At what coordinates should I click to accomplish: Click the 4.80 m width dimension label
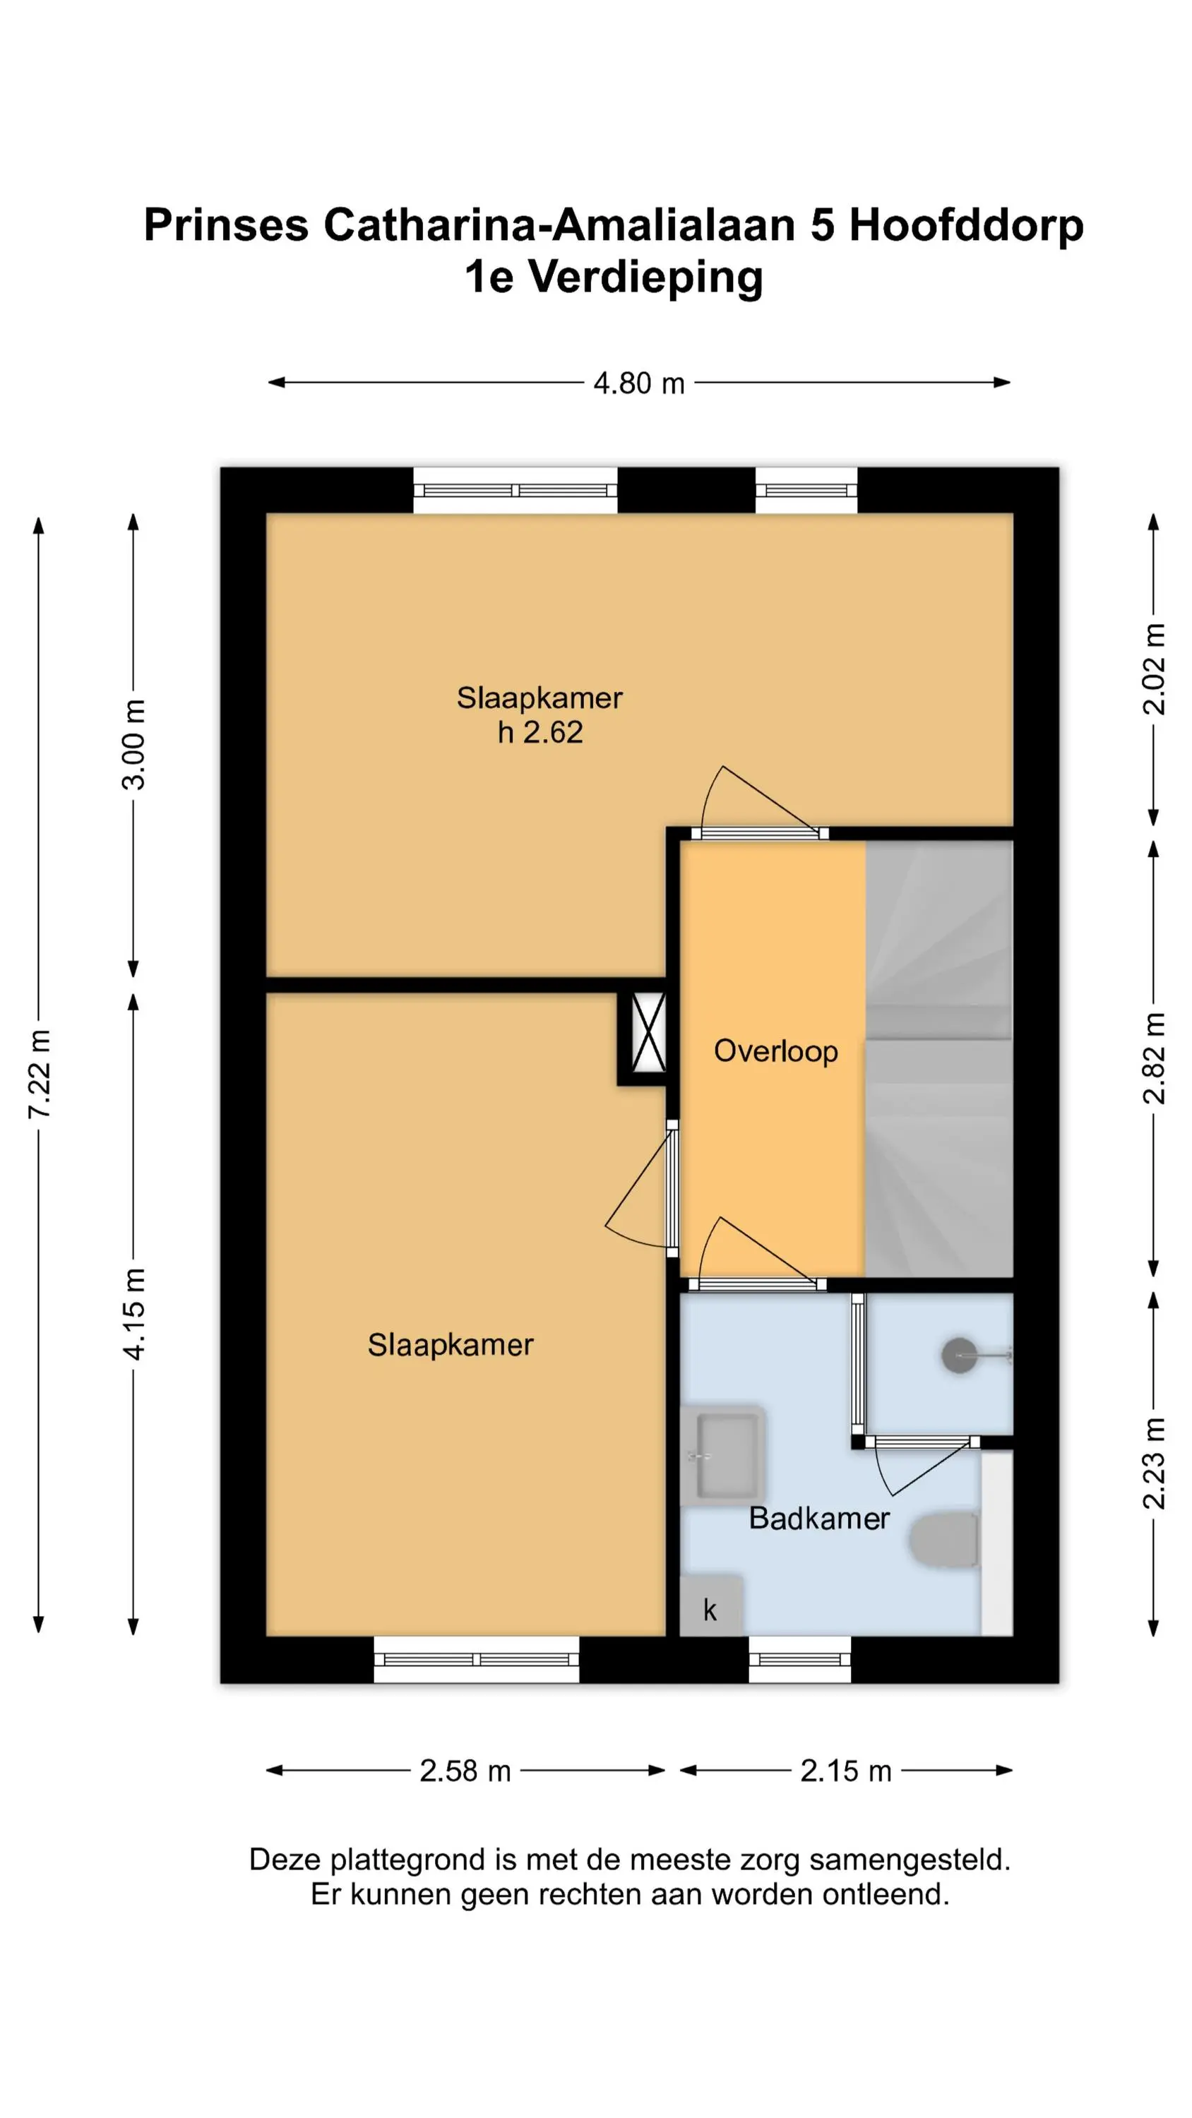click(x=639, y=383)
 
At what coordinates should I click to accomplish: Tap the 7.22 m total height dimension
click(x=40, y=1074)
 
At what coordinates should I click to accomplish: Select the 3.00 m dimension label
click(x=134, y=745)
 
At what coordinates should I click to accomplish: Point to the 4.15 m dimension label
click(x=134, y=1314)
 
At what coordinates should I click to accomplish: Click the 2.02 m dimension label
click(x=1154, y=669)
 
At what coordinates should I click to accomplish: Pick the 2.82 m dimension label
click(x=1154, y=1058)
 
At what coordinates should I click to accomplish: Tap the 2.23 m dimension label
click(x=1154, y=1464)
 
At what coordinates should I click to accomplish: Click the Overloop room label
click(x=776, y=1051)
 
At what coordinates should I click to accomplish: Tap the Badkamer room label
click(x=819, y=1518)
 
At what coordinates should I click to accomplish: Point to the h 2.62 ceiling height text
click(x=540, y=731)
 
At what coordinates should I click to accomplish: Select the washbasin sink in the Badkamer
click(x=724, y=1455)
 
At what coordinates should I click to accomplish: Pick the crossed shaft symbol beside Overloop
click(x=648, y=1033)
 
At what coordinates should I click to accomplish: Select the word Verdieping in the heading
click(x=645, y=278)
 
